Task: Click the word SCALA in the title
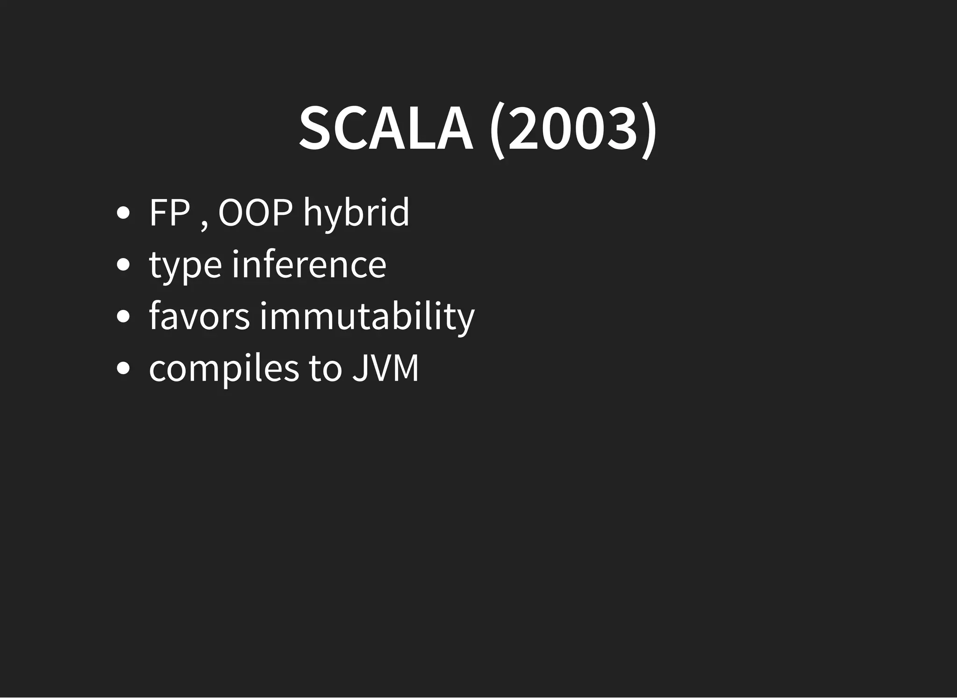click(x=386, y=129)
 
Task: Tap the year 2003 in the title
click(x=572, y=129)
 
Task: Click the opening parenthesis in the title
click(x=497, y=130)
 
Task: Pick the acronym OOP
click(x=255, y=213)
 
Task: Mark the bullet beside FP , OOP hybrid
click(x=123, y=213)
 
